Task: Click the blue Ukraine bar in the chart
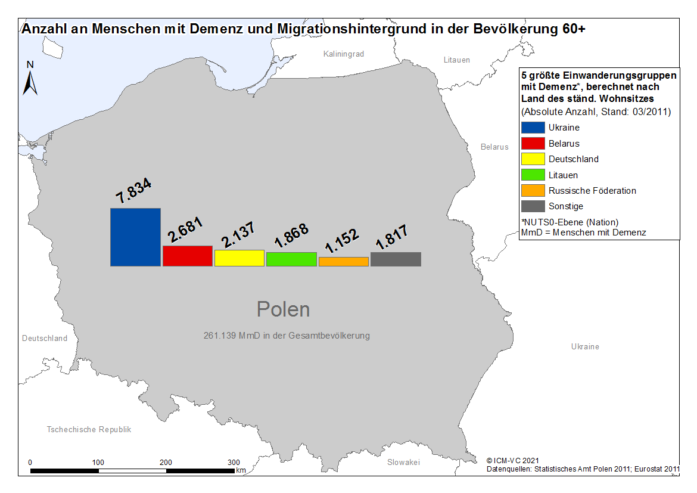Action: (136, 237)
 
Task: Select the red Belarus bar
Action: (188, 256)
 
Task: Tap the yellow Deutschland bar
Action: (239, 258)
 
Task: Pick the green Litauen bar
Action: (291, 259)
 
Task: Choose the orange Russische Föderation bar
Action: (344, 262)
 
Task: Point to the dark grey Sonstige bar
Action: (396, 259)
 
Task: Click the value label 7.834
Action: (133, 190)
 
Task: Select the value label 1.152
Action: (341, 240)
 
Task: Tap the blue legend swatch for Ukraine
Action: (533, 128)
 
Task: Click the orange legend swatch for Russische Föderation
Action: (533, 190)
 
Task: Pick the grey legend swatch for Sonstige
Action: (533, 206)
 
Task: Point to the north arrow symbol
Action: (30, 83)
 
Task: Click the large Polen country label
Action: (283, 309)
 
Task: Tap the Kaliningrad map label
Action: (344, 54)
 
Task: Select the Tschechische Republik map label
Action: (89, 429)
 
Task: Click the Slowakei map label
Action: (404, 462)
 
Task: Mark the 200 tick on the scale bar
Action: (166, 462)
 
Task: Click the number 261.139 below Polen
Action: (220, 336)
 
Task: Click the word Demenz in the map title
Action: (216, 29)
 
